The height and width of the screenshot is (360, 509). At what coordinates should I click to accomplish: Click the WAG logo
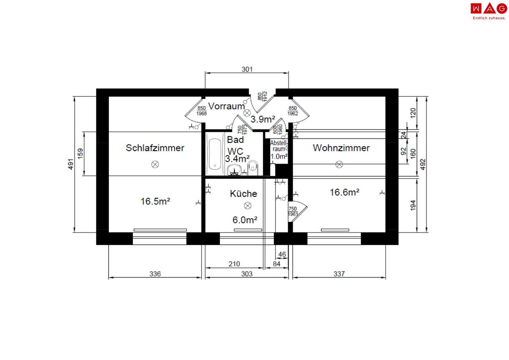coord(489,12)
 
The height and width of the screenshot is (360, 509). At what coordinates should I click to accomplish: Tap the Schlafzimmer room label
coord(155,148)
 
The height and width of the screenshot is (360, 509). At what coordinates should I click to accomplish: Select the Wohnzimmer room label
coord(341,148)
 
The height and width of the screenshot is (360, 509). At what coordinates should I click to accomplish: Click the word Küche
coord(243,194)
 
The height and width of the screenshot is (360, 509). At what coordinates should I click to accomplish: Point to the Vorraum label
coord(226,106)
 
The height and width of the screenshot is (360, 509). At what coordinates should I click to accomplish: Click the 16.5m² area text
coord(155,201)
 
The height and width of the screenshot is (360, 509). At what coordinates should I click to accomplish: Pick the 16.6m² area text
coord(344,192)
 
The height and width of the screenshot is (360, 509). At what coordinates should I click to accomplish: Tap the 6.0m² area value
coord(245,220)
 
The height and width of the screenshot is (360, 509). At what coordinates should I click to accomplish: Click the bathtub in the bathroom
coord(215,154)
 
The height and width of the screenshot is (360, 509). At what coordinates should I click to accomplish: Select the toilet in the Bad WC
coord(253,168)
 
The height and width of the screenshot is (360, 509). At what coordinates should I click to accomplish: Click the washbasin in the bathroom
coord(234,170)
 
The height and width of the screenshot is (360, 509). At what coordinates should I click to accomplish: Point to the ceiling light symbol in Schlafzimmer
coord(155,164)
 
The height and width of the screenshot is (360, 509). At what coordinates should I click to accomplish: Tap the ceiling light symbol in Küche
coord(247,206)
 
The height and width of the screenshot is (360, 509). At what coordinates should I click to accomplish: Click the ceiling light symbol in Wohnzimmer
coord(339,164)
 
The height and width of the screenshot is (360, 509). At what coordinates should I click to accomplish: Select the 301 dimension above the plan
coord(247,69)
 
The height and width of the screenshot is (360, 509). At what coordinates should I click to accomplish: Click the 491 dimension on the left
coord(71,164)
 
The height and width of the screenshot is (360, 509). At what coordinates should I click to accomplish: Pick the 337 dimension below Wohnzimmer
coord(339,274)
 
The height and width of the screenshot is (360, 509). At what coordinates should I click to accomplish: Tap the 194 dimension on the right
coord(413,205)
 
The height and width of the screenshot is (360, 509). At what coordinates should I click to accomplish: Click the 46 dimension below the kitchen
coord(282,254)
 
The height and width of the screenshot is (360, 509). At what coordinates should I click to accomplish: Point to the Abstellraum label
coord(279,146)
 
